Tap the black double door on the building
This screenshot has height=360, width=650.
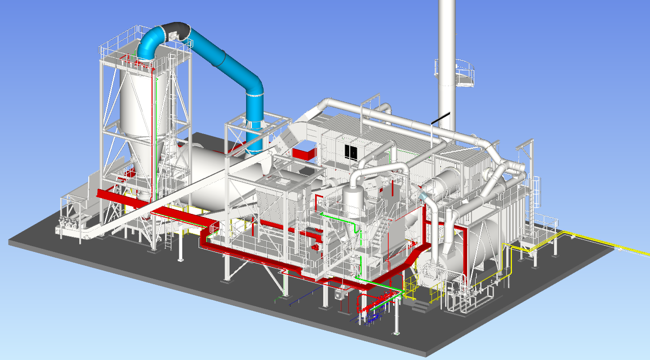tap(352, 152)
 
